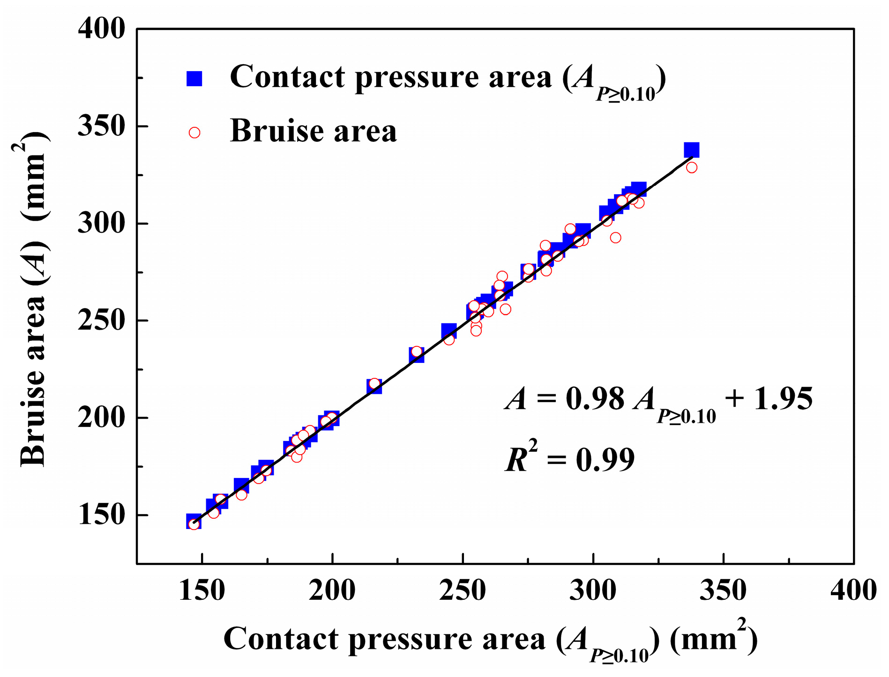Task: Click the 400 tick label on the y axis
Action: (x=95, y=29)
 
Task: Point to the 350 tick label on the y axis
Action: (x=95, y=126)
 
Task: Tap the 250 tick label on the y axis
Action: (x=95, y=321)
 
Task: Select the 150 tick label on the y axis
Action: (x=95, y=515)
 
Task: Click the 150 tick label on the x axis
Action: (x=202, y=590)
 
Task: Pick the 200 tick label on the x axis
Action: (x=332, y=590)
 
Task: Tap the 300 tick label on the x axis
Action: (x=593, y=590)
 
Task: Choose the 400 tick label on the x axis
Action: (x=853, y=590)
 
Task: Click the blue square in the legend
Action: (x=194, y=79)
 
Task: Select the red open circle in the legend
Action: (x=194, y=133)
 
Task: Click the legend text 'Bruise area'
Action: (x=313, y=131)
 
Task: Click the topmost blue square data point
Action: (x=691, y=150)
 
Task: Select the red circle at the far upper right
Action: (x=692, y=168)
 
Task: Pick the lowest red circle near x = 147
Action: (x=194, y=524)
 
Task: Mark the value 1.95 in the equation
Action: (x=783, y=399)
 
